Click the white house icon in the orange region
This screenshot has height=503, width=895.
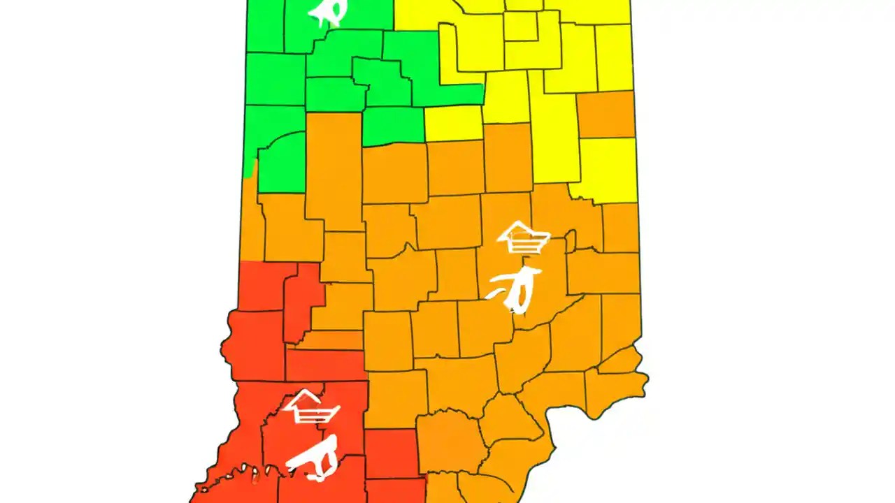click(523, 238)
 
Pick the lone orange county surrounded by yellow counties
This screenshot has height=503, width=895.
click(606, 114)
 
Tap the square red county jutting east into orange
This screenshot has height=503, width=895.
click(392, 453)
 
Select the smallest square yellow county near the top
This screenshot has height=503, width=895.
click(520, 27)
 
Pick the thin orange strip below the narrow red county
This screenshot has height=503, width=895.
click(329, 340)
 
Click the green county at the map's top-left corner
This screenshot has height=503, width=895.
click(265, 25)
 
